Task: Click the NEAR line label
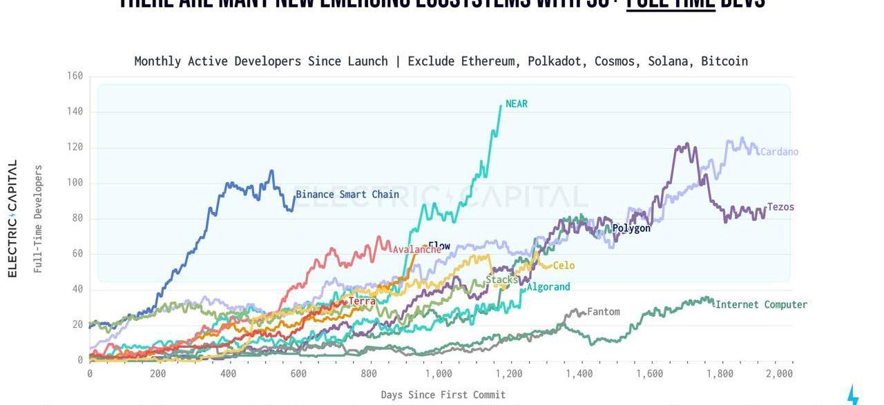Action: pyautogui.click(x=516, y=103)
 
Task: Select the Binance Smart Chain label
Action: pyautogui.click(x=347, y=194)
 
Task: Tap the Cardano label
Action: pyautogui.click(x=779, y=152)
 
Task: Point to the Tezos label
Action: pyautogui.click(x=780, y=207)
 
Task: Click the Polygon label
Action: pyautogui.click(x=631, y=228)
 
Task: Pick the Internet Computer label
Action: pyautogui.click(x=761, y=304)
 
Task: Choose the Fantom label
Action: pyautogui.click(x=604, y=312)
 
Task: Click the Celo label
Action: pyautogui.click(x=564, y=266)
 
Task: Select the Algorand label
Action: pyautogui.click(x=548, y=287)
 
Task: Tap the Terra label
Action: pyautogui.click(x=362, y=302)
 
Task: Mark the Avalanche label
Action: pyautogui.click(x=416, y=250)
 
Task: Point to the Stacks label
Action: pyautogui.click(x=501, y=279)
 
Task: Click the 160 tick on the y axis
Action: pyautogui.click(x=75, y=76)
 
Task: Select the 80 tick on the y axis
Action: pyautogui.click(x=77, y=218)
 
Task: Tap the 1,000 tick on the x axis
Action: pyautogui.click(x=439, y=373)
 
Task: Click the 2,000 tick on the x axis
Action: pyautogui.click(x=779, y=373)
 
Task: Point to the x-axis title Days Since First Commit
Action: pyautogui.click(x=443, y=395)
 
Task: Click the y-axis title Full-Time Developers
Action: pyautogui.click(x=38, y=219)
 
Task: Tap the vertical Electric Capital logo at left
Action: pyautogui.click(x=12, y=219)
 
